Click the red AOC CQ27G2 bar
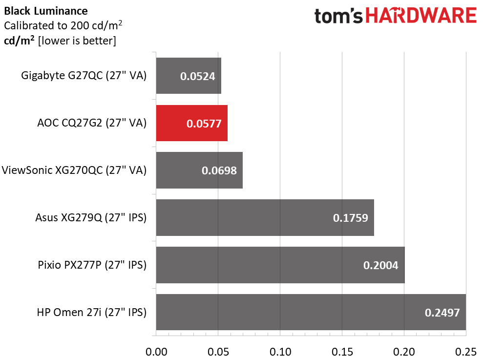[x=191, y=123]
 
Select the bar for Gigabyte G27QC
[x=189, y=76]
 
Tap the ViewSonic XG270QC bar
[x=199, y=170]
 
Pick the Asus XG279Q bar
[x=265, y=217]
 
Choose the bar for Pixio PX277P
[x=280, y=265]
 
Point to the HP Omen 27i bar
[x=311, y=312]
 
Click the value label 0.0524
[x=197, y=76]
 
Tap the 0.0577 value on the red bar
[x=204, y=124]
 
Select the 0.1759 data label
[x=351, y=218]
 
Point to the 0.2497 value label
[x=442, y=313]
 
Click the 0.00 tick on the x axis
[x=156, y=352]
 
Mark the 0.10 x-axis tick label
[x=280, y=352]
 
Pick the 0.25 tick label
[x=466, y=352]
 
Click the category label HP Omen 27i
[x=92, y=313]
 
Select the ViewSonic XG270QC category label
[x=74, y=170]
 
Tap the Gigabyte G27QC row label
[x=84, y=76]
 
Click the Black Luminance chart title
[x=46, y=11]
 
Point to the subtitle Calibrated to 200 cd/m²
[x=63, y=25]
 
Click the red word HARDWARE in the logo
[x=421, y=16]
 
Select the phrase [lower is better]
[x=77, y=41]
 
